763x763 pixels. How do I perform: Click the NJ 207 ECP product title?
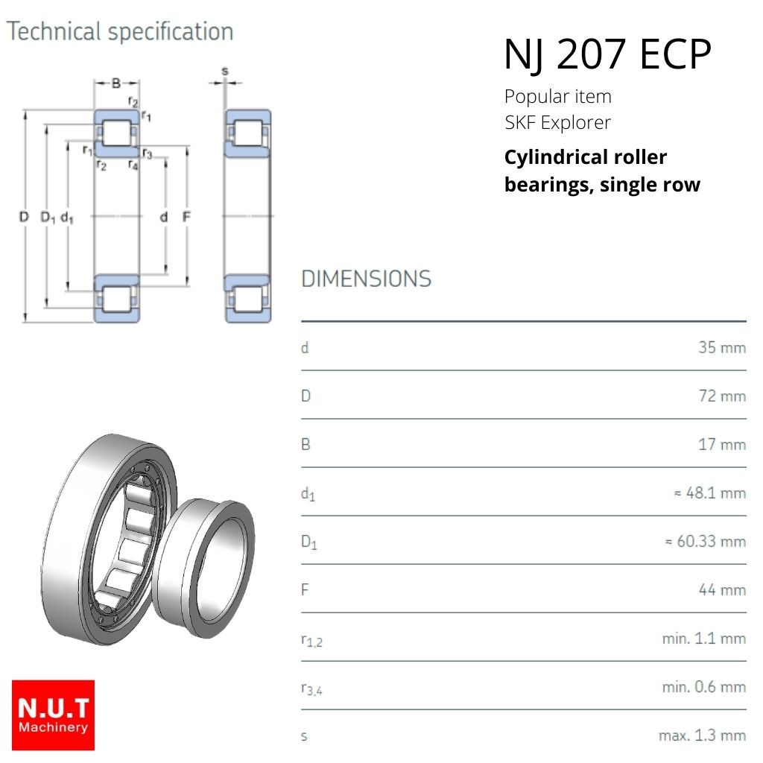[607, 54]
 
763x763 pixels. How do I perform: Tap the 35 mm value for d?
[722, 347]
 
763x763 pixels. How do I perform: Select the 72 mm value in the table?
[722, 396]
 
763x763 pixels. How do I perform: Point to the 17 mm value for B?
[722, 444]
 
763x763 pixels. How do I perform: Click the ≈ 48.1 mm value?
[710, 493]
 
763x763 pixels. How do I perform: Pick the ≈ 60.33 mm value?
[706, 541]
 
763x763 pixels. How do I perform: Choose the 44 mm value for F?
[722, 590]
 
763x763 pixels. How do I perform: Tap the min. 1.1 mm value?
[704, 638]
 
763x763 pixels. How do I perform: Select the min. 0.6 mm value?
[704, 686]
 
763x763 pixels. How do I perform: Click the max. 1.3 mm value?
[702, 735]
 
